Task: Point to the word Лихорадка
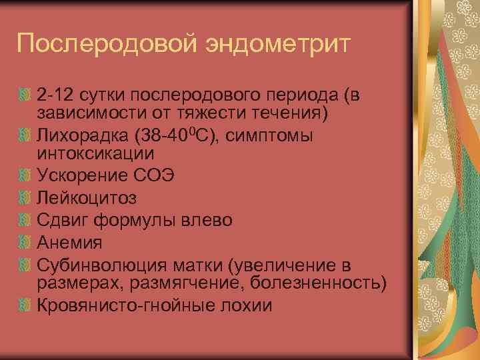pos(81,136)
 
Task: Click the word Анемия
pos(69,241)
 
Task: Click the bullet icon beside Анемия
pos(26,241)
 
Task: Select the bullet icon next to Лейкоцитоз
pos(26,199)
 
